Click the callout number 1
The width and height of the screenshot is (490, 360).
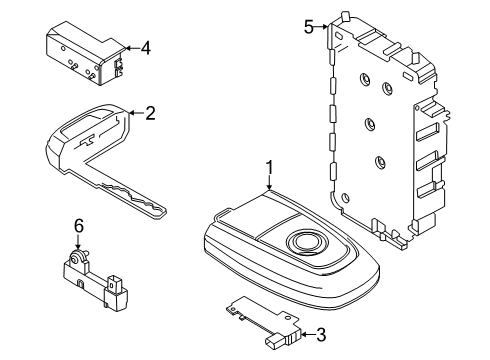[x=268, y=167]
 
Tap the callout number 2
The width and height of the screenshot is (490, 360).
[x=151, y=114]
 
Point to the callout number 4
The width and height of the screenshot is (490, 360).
[x=146, y=46]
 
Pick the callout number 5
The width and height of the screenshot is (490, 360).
[x=310, y=27]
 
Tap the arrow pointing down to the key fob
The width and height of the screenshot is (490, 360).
[x=268, y=182]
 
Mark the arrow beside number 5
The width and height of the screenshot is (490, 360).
[x=324, y=28]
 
